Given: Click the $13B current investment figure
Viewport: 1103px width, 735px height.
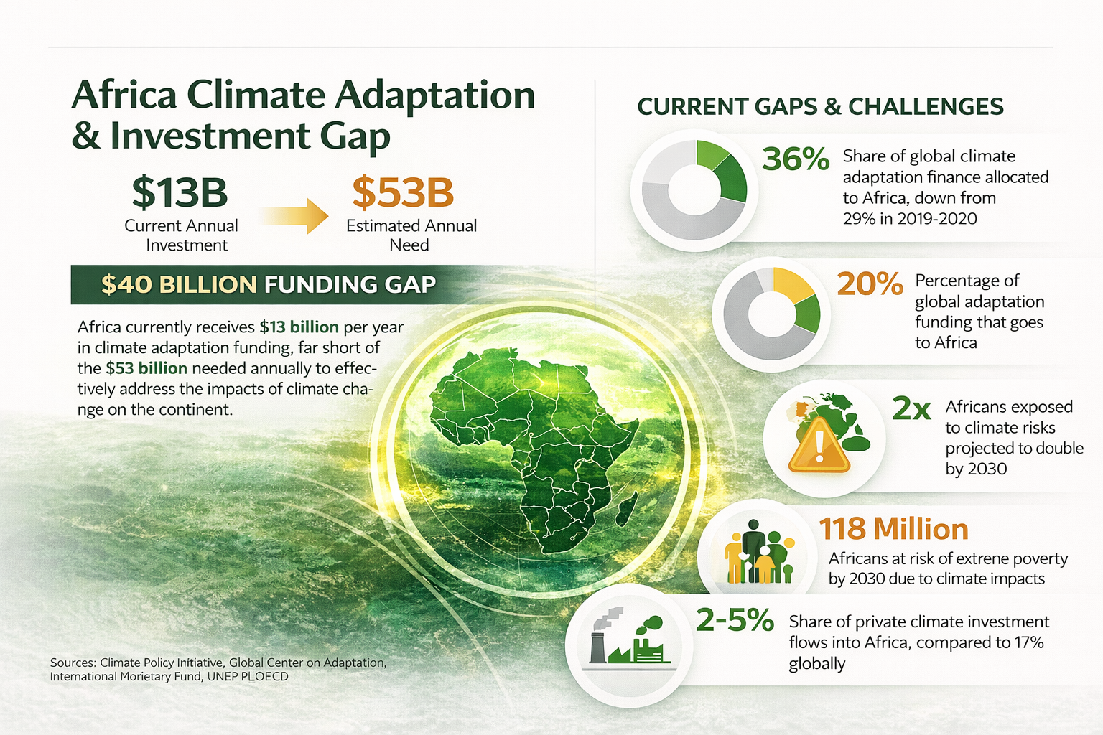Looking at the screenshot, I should pyautogui.click(x=180, y=192).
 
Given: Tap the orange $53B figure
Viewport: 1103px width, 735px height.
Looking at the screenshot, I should pyautogui.click(x=403, y=192).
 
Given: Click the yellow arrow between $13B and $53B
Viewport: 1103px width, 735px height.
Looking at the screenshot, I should pyautogui.click(x=294, y=215).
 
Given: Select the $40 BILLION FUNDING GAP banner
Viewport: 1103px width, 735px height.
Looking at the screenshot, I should pyautogui.click(x=268, y=284).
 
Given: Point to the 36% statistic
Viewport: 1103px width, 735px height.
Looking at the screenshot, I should pyautogui.click(x=795, y=159).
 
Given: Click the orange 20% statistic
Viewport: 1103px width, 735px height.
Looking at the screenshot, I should pyautogui.click(x=870, y=284).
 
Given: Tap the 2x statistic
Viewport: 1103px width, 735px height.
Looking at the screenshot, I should pyautogui.click(x=911, y=409).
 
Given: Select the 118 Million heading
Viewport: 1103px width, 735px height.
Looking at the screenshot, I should pyautogui.click(x=894, y=529).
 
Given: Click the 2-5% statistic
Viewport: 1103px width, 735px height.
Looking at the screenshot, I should pyautogui.click(x=735, y=620).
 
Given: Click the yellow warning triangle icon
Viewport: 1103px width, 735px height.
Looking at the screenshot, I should pyautogui.click(x=819, y=446).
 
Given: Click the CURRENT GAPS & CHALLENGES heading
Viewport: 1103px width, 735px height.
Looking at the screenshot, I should pyautogui.click(x=820, y=107).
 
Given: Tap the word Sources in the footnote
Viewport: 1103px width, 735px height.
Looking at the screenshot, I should pyautogui.click(x=73, y=663).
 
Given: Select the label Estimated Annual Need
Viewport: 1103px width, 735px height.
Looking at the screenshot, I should pyautogui.click(x=411, y=235).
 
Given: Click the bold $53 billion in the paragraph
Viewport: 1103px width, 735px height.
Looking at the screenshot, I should pyautogui.click(x=146, y=368).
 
